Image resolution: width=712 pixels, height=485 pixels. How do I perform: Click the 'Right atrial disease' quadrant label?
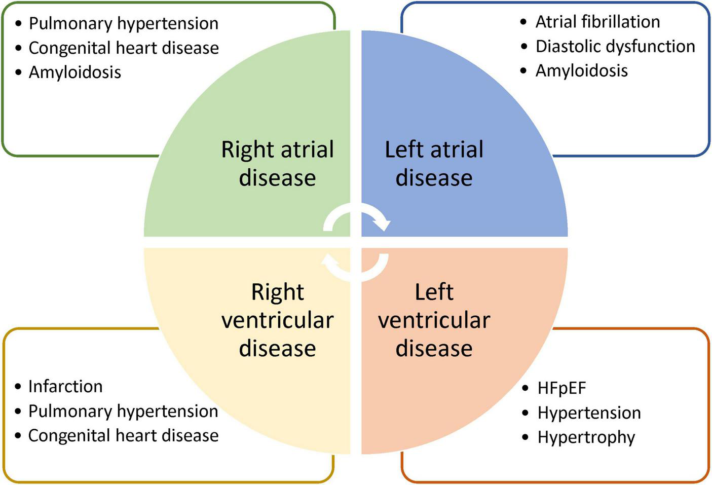pos(277,163)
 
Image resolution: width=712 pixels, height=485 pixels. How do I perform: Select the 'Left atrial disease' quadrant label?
pos(434,163)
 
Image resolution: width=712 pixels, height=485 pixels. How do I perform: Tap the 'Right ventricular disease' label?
pos(277,320)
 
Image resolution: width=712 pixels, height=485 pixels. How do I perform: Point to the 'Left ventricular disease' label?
pos(434,320)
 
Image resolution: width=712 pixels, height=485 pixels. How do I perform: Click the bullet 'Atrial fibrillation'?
pos(597,22)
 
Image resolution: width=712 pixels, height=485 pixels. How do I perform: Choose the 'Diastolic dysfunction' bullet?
pos(615,46)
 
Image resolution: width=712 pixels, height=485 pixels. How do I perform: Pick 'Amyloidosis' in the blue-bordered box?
pos(581,70)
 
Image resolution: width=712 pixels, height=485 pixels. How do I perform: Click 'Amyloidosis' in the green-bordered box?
pos(74,72)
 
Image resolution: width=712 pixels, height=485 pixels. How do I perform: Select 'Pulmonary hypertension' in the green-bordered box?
pos(123,23)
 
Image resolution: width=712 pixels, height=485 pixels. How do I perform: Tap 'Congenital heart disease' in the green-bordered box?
pos(123,48)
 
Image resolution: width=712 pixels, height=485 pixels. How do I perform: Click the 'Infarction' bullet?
pos(65,386)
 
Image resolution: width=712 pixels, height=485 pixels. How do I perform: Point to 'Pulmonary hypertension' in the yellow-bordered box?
pos(123,411)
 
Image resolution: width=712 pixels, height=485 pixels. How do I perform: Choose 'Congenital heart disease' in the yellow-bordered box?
pos(123,435)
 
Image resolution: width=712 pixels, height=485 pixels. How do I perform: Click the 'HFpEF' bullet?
pos(561,388)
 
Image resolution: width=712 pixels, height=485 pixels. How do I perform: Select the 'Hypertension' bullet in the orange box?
pos(589,413)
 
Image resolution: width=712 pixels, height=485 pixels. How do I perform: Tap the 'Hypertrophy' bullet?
pos(586,437)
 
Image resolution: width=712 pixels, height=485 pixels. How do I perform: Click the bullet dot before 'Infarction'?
pos(18,387)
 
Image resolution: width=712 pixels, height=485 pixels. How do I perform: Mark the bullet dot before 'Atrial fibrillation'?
pos(524,22)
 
